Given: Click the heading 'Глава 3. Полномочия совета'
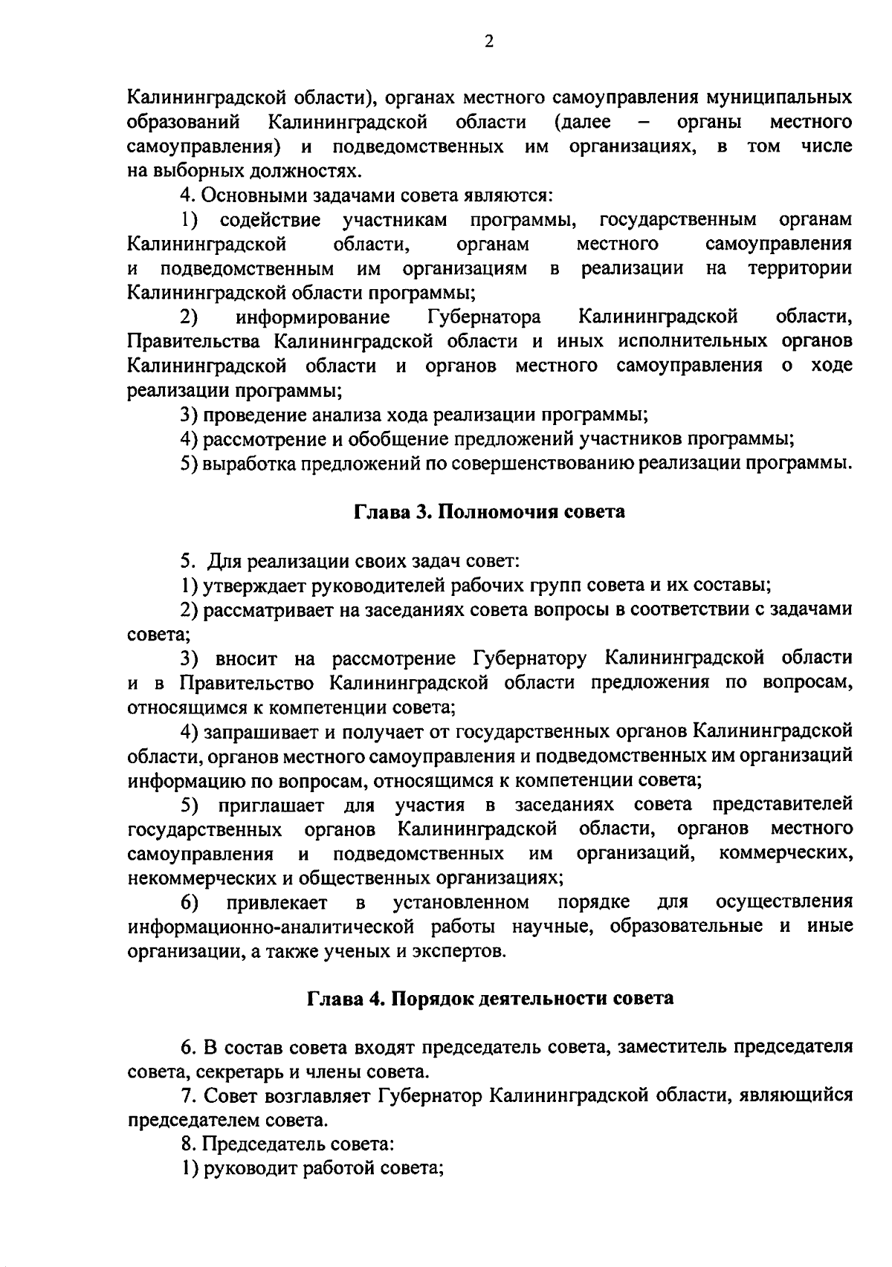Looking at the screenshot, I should coord(488,512).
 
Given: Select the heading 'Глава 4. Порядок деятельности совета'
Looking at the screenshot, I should coord(491,998).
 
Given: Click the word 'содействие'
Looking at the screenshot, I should coord(270,220).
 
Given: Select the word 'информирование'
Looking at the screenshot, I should coord(313,318).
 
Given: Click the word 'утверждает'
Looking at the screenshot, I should coord(253,585).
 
